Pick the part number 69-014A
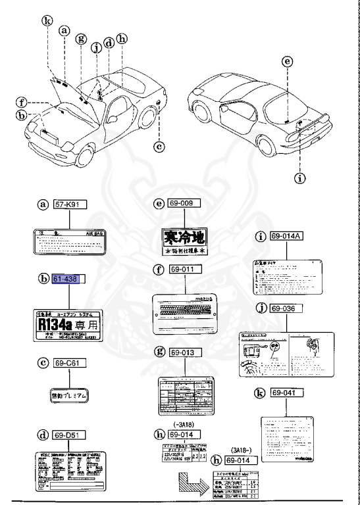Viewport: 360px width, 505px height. pos(287,236)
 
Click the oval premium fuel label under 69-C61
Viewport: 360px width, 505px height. pos(70,395)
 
